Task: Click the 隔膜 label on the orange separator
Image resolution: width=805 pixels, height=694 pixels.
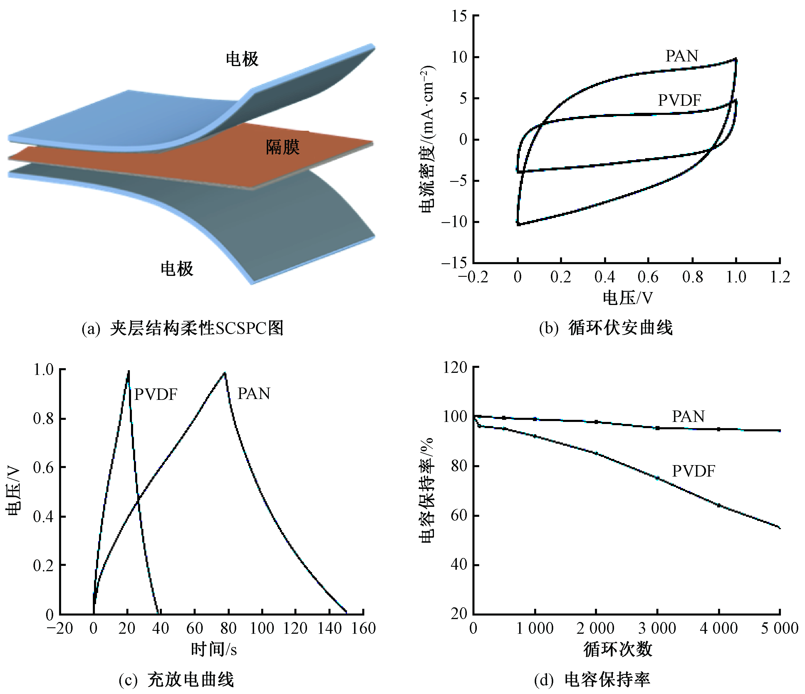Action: click(282, 147)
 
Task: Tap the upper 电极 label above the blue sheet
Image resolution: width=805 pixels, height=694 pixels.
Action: click(242, 59)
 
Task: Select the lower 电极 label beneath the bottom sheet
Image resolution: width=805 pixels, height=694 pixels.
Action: click(177, 269)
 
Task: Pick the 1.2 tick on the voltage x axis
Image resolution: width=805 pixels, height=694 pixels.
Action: click(780, 277)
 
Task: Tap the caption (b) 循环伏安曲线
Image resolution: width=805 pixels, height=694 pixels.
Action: click(606, 328)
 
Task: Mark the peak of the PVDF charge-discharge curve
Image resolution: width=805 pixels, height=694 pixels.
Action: click(129, 371)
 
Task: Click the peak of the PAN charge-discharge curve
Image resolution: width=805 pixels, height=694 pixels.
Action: click(224, 373)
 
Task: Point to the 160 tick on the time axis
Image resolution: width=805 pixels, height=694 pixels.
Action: click(363, 628)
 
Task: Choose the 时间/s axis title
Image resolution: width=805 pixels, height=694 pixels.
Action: click(214, 649)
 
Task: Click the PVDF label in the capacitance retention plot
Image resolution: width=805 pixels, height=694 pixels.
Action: click(693, 471)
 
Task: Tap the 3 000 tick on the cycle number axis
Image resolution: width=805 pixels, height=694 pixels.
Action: click(657, 628)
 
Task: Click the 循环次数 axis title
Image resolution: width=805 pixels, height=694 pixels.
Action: click(618, 649)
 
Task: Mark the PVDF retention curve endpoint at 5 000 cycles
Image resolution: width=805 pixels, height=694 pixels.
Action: click(779, 527)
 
